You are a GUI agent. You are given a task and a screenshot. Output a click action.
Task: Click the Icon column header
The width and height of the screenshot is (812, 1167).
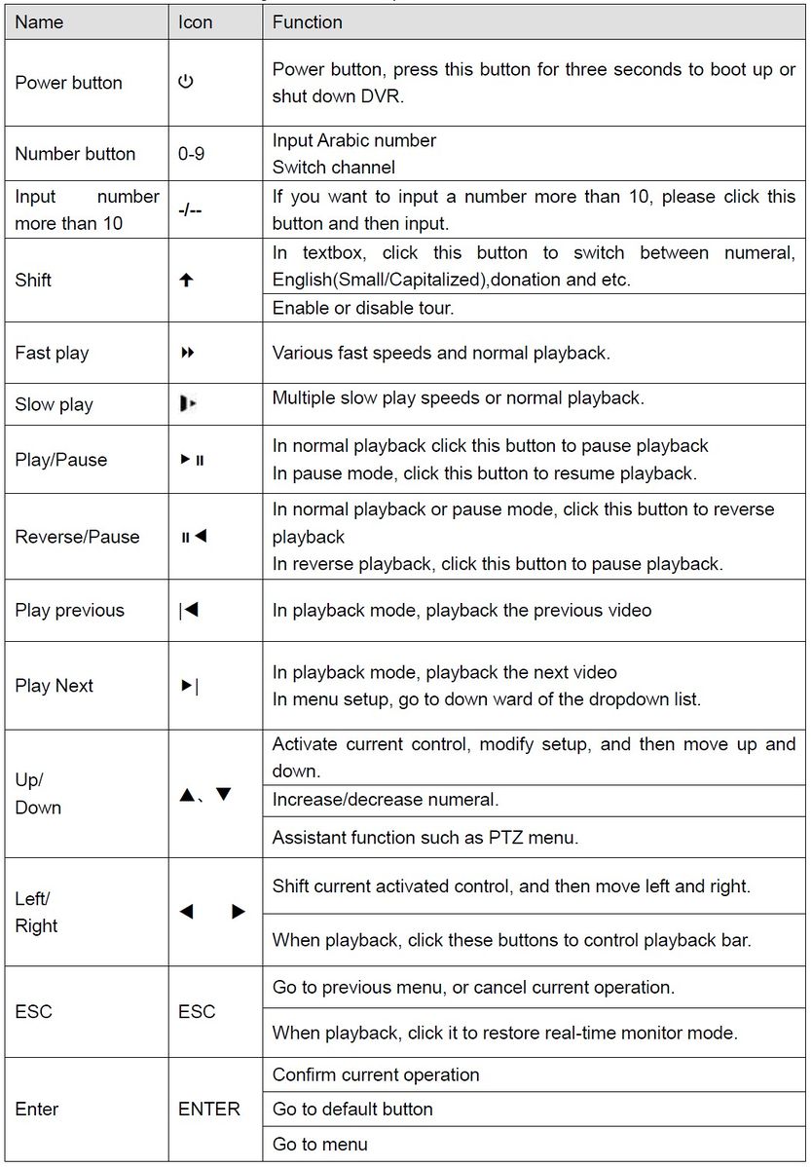pyautogui.click(x=195, y=22)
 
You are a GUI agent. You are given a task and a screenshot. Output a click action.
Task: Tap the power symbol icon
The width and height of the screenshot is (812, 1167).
pyautogui.click(x=186, y=83)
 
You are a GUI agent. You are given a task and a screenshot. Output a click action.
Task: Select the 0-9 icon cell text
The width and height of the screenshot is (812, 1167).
pyautogui.click(x=198, y=154)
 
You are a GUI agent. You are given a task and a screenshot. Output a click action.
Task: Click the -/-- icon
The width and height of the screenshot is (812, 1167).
pyautogui.click(x=191, y=209)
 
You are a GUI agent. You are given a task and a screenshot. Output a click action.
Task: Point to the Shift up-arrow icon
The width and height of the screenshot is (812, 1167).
pyautogui.click(x=187, y=281)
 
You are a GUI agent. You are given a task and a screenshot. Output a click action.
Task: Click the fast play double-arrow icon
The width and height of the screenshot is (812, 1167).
pyautogui.click(x=188, y=353)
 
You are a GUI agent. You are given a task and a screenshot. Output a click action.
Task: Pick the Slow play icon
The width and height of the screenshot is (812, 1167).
pyautogui.click(x=188, y=404)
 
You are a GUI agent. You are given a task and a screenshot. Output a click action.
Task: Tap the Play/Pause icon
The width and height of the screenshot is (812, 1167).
pyautogui.click(x=192, y=460)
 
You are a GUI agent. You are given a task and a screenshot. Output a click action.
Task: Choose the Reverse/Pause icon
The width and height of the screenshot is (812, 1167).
pyautogui.click(x=194, y=537)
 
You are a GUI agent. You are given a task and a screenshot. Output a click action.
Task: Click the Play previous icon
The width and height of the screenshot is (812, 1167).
pyautogui.click(x=189, y=611)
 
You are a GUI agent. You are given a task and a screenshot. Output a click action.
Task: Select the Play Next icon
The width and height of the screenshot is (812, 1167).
pyautogui.click(x=189, y=686)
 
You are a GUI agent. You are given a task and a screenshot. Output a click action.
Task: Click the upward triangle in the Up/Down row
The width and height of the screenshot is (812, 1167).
pyautogui.click(x=188, y=795)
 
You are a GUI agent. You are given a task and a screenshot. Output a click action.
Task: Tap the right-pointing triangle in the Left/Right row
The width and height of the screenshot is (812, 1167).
pyautogui.click(x=238, y=913)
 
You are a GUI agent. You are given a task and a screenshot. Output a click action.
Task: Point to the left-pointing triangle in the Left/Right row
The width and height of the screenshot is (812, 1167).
pyautogui.click(x=187, y=913)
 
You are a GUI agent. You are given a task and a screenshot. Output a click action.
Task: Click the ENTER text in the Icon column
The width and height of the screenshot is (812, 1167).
pyautogui.click(x=209, y=1110)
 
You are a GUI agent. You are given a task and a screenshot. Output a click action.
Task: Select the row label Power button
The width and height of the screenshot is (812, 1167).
pyautogui.click(x=68, y=83)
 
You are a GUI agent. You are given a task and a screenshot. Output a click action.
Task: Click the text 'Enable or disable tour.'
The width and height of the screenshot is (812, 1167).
pyautogui.click(x=363, y=308)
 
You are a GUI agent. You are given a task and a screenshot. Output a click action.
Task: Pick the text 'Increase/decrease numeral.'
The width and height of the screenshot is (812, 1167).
pyautogui.click(x=386, y=800)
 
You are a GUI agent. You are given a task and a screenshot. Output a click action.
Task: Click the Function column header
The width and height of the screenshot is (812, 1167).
pyautogui.click(x=307, y=22)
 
